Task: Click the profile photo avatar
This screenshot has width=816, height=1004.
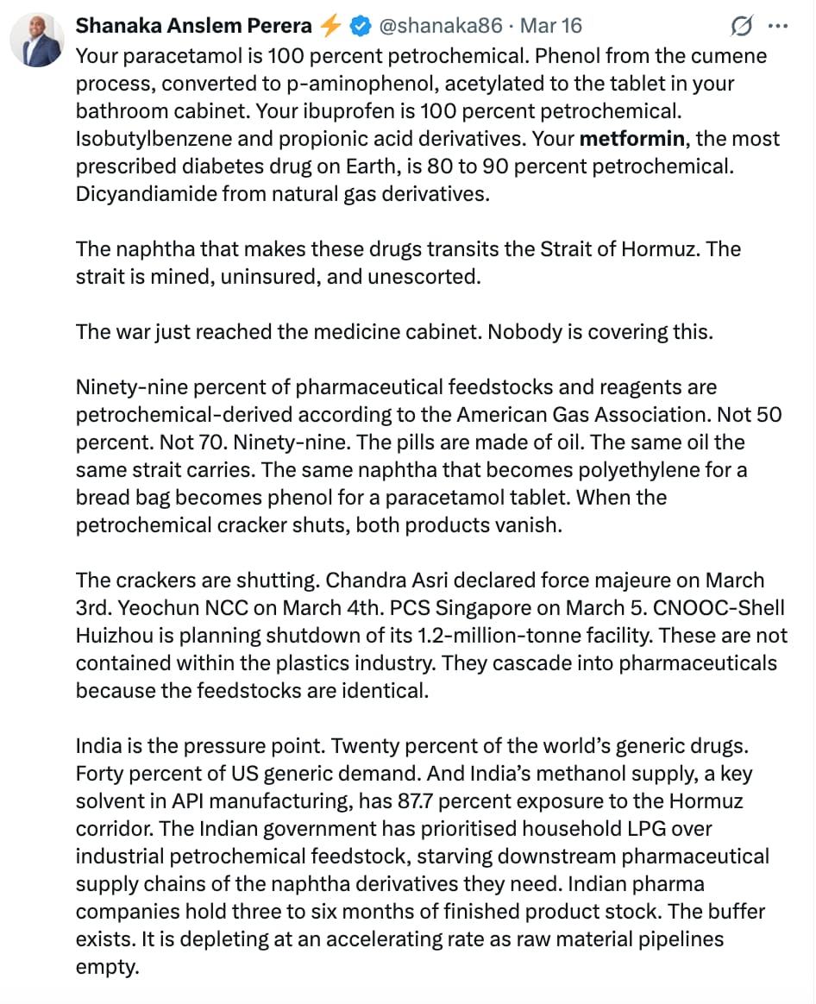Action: [x=37, y=41]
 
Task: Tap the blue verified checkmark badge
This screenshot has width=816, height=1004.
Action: [x=360, y=27]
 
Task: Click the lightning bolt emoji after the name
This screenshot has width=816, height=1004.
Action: [x=330, y=27]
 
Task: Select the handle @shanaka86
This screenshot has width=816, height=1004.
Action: [x=441, y=27]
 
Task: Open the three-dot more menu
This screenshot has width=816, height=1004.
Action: [x=778, y=27]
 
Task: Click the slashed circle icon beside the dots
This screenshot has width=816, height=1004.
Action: [x=741, y=27]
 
